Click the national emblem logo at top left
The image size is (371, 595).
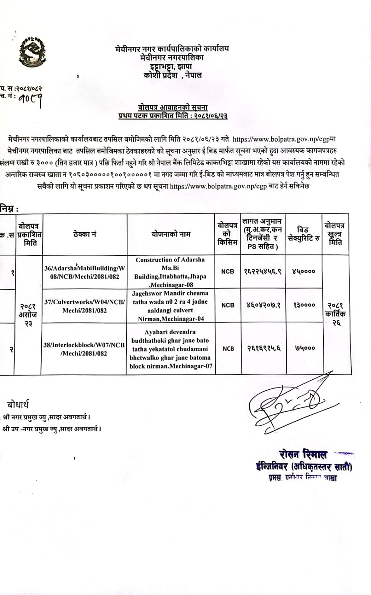coord(30,50)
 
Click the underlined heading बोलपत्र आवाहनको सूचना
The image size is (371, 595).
coord(173,108)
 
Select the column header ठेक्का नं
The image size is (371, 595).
coord(85,234)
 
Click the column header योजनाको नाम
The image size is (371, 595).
coord(171,234)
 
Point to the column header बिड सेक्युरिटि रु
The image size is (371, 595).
coord(304,234)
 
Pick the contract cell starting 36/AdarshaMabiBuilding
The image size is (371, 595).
coord(85,272)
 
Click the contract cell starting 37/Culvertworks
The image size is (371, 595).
coord(85,306)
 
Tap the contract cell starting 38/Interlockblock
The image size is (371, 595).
coord(84,349)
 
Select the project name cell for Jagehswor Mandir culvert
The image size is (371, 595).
coord(170,306)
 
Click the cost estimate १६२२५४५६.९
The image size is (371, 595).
coord(263,272)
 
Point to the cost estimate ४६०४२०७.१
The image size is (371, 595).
coord(263,305)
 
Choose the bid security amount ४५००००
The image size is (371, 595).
coord(304,272)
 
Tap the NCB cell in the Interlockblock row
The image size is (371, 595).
coord(228,348)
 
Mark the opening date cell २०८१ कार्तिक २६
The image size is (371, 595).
coord(335,314)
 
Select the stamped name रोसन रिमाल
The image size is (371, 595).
coord(303,454)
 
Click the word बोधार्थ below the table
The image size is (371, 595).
coord(18,405)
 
